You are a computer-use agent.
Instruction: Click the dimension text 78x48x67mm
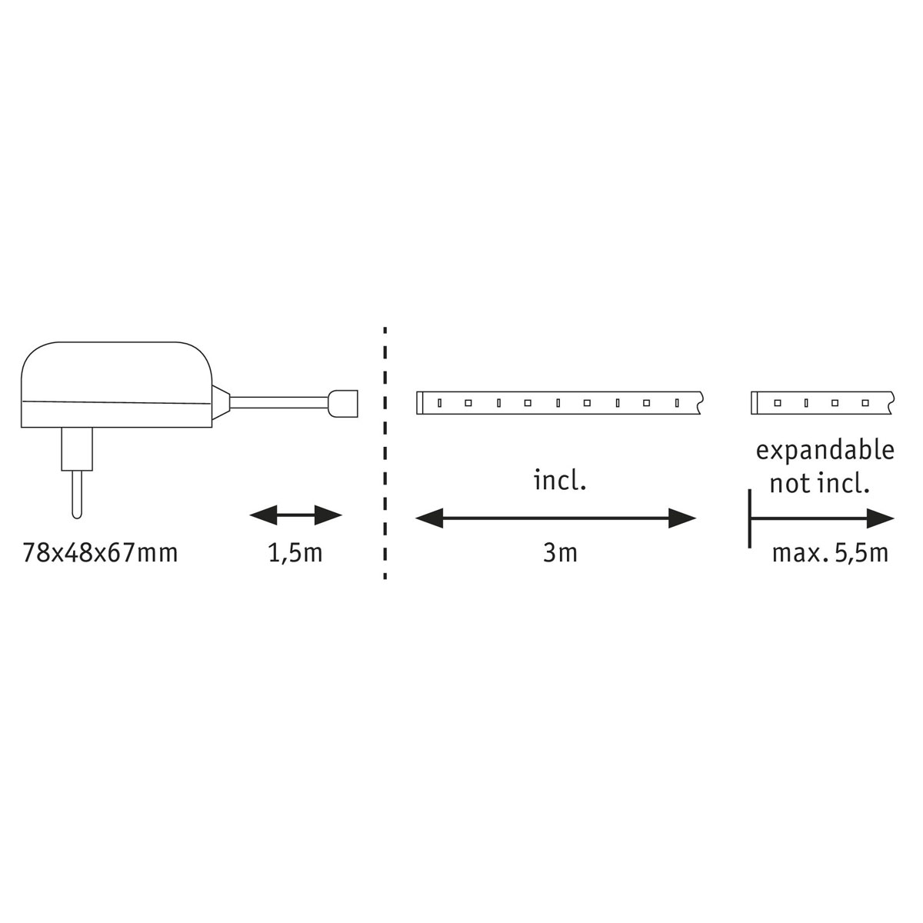coord(100,554)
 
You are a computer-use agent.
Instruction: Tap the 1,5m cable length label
coord(295,554)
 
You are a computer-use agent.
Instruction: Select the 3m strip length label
coord(560,554)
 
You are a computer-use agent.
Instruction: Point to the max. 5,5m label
coord(830,554)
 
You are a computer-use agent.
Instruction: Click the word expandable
coord(825,452)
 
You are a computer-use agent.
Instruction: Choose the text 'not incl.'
coord(819,484)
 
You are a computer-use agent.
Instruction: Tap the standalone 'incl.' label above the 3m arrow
coord(560,481)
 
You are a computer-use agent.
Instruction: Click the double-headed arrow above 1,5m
coord(295,515)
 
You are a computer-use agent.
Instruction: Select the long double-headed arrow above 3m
coord(555,518)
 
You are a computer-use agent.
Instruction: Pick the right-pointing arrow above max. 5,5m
coord(822,518)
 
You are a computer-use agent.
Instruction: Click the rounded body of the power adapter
coord(116,384)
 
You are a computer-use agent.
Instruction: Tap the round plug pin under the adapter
coord(77,494)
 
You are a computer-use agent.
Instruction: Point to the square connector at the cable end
coord(343,403)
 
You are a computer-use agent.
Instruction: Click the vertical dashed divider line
coord(385,453)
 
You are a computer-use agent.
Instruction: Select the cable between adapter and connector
coord(279,403)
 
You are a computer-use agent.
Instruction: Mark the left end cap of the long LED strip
coord(420,403)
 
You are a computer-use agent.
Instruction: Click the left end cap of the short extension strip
coord(755,403)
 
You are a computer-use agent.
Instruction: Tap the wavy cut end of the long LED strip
coord(701,403)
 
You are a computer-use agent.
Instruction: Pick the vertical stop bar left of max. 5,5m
coord(750,518)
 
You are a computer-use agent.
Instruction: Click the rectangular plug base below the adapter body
coord(77,448)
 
